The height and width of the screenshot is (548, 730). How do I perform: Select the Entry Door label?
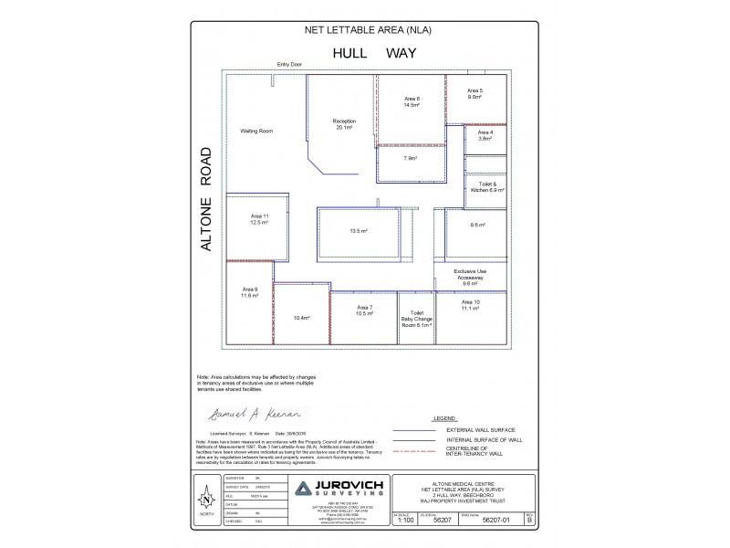(x=289, y=65)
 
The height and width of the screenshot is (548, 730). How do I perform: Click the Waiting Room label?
(x=256, y=132)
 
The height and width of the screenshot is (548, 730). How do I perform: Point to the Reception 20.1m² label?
(x=344, y=124)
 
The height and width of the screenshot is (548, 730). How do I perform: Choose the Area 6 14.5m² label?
(x=412, y=101)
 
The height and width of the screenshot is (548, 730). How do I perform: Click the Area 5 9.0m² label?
(x=475, y=94)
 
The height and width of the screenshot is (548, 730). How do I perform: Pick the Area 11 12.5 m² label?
(x=260, y=218)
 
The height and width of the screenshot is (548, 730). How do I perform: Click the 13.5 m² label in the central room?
(x=359, y=231)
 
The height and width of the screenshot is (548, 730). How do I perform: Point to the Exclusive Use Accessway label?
(x=470, y=277)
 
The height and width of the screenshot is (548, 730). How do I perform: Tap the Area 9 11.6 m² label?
(x=250, y=293)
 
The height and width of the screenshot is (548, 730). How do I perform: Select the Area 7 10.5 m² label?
(x=365, y=311)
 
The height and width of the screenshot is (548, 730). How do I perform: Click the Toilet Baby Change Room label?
(x=417, y=318)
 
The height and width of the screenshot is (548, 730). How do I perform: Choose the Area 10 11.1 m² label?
(x=471, y=305)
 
